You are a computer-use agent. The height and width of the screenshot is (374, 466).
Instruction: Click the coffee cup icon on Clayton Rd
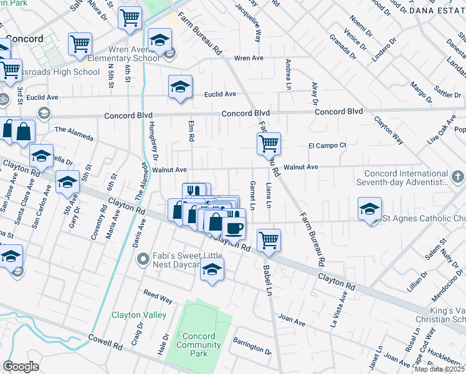coord(234,228)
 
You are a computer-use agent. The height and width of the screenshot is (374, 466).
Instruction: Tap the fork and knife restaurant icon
coord(194,191)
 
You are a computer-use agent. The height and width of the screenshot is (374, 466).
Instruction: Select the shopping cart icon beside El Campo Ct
coord(269,144)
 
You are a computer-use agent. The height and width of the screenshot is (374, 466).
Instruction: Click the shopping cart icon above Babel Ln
coord(269,240)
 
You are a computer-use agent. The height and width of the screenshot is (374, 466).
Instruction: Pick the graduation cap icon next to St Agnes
coord(370,209)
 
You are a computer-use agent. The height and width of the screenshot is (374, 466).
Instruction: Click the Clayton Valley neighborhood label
coord(139,315)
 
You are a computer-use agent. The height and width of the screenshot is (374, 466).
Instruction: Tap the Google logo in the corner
coord(21,366)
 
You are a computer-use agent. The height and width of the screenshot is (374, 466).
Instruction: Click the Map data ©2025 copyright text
coord(440,369)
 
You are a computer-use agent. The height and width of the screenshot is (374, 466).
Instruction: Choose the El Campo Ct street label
coord(327,145)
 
